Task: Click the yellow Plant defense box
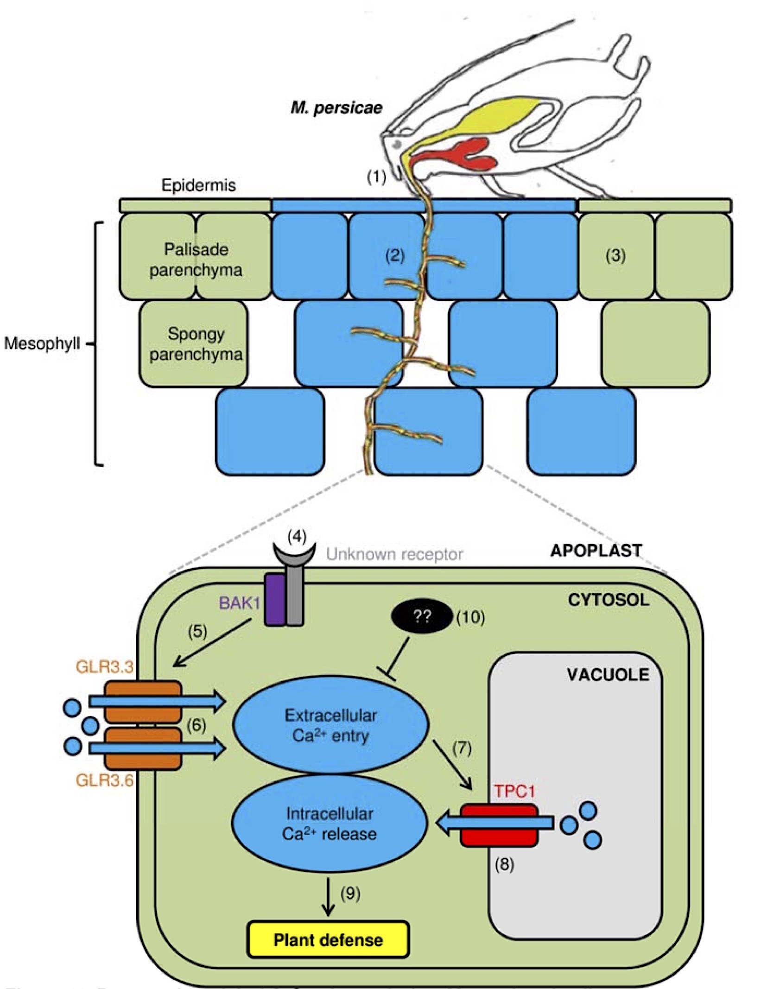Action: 328,940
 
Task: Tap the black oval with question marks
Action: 422,616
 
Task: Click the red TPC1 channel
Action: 499,825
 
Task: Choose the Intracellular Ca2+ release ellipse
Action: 330,824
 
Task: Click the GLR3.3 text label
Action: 105,667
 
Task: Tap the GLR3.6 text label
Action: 105,780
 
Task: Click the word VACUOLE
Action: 608,675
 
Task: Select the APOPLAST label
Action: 596,551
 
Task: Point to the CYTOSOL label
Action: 609,600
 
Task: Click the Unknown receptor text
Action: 394,554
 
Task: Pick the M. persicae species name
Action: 336,108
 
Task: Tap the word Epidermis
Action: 198,185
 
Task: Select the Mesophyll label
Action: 42,343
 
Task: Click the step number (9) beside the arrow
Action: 350,893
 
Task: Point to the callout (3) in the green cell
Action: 615,255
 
